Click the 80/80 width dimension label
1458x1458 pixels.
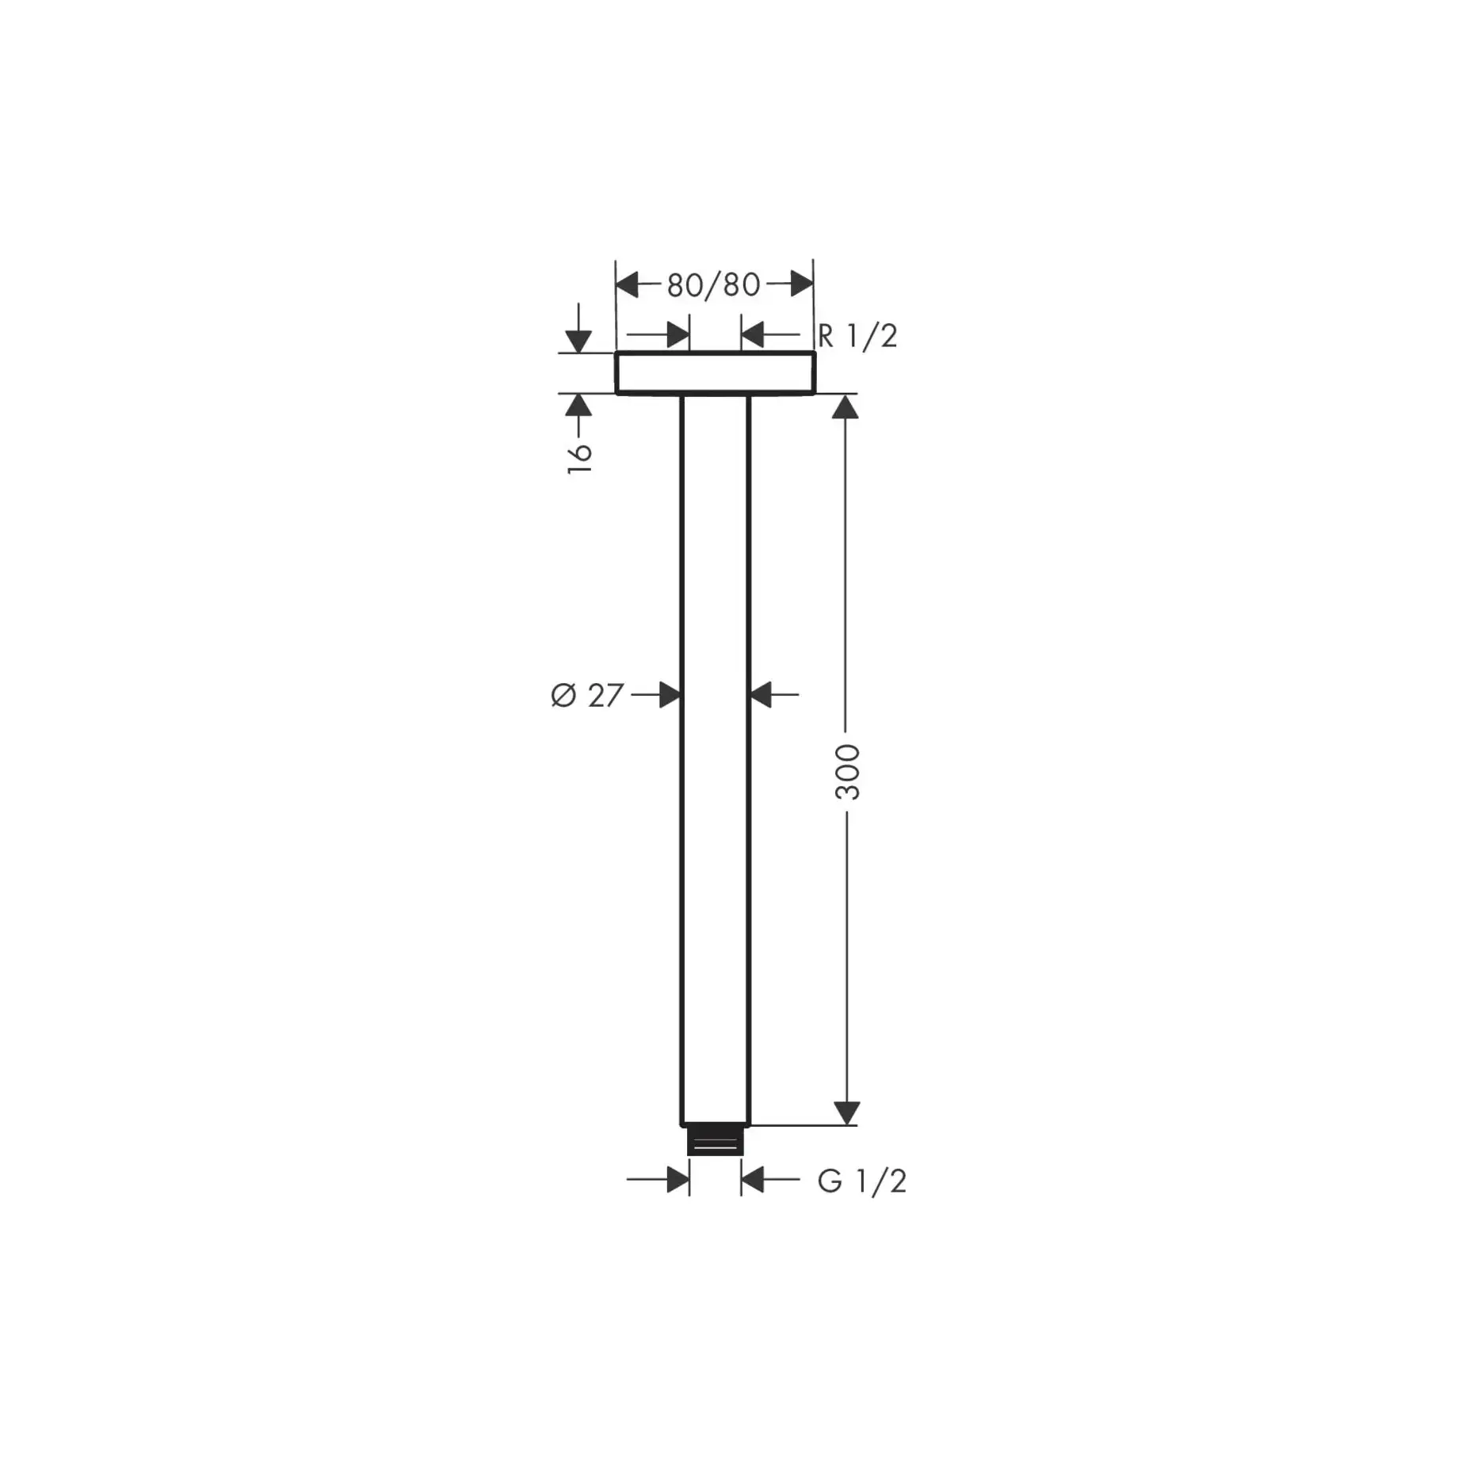(713, 285)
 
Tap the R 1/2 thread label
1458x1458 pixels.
(857, 336)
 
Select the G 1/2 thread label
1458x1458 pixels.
(861, 1181)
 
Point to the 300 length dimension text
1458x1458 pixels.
(847, 772)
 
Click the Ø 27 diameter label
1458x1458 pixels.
(587, 696)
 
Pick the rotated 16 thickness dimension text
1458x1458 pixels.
(580, 458)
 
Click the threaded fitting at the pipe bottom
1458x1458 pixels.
(715, 1141)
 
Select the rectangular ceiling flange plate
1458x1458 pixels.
(715, 372)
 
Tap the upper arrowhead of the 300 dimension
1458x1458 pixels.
(846, 407)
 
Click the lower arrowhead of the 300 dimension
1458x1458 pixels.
(847, 1113)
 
